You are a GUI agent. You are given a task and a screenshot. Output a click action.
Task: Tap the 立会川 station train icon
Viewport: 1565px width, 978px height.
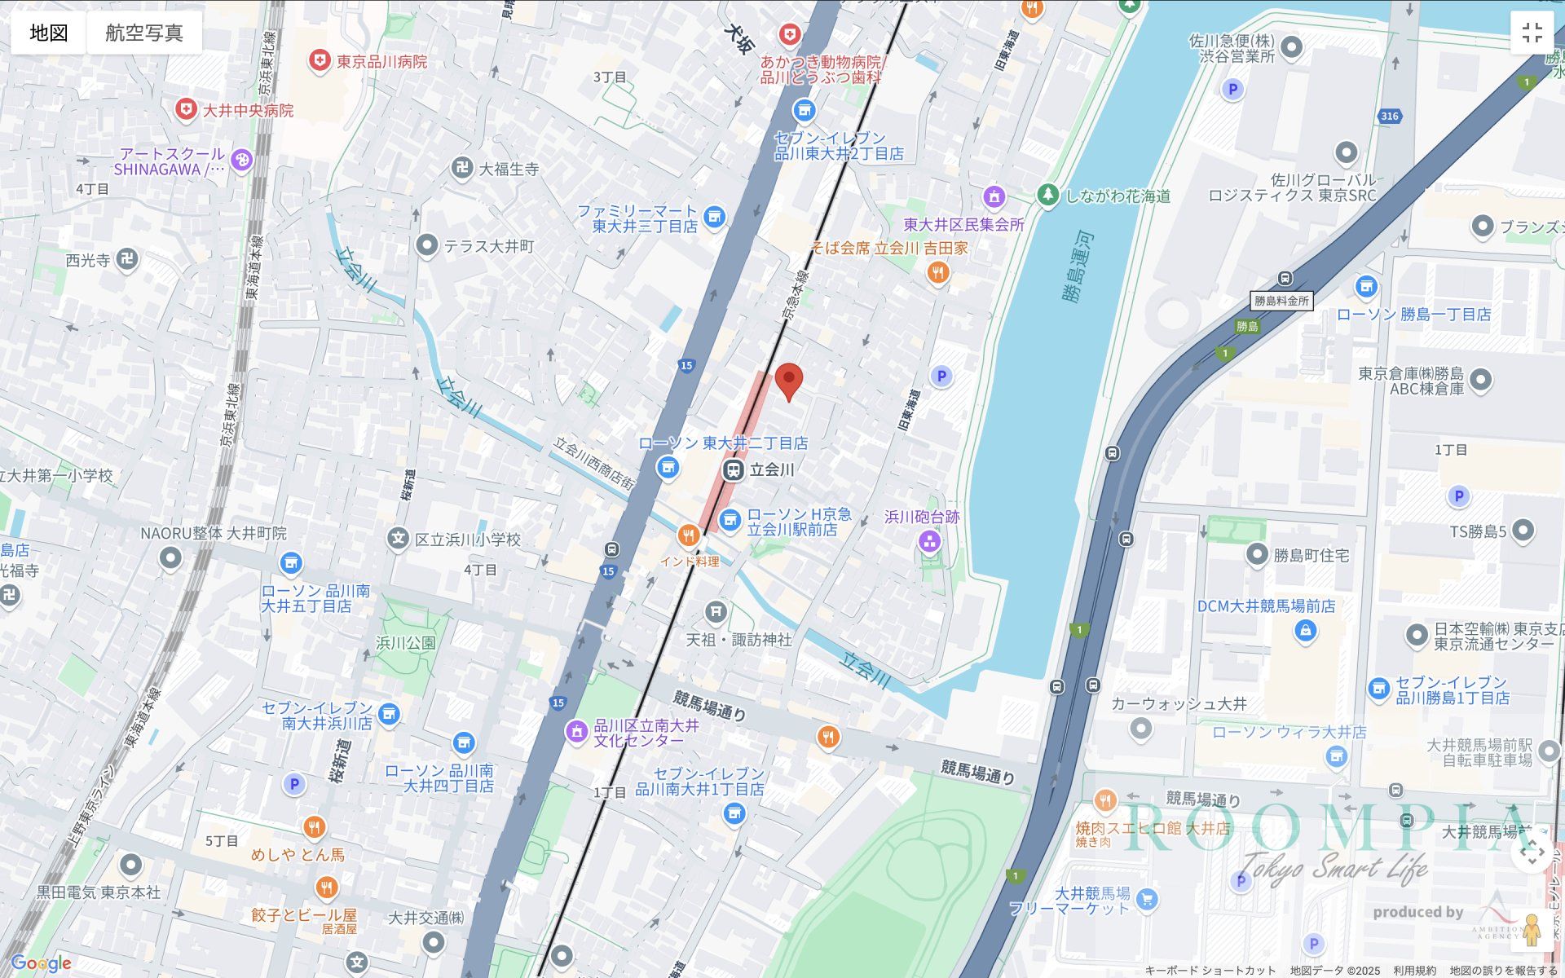(733, 470)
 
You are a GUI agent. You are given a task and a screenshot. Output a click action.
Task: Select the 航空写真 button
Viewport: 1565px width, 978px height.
(144, 33)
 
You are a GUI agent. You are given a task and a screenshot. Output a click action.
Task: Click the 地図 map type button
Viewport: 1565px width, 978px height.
(48, 33)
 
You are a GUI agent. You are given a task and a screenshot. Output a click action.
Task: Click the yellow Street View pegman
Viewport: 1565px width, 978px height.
(1532, 930)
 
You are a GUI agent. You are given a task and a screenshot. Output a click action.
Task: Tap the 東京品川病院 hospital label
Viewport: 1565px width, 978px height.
(381, 61)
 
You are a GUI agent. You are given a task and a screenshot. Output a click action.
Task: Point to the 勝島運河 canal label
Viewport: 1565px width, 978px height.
(1078, 267)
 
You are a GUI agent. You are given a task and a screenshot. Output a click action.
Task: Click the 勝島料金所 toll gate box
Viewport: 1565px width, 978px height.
(1281, 301)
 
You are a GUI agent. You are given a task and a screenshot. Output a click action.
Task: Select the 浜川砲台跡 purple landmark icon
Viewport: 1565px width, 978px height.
(929, 541)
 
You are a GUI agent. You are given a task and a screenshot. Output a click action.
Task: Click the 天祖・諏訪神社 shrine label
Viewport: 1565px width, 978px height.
(738, 640)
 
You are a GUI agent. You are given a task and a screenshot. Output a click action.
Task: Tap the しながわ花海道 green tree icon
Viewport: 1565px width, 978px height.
(1048, 195)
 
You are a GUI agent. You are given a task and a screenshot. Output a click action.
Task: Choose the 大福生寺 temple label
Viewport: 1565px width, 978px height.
(508, 169)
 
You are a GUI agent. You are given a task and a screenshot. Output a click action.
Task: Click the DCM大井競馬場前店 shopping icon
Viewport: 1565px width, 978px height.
(1305, 631)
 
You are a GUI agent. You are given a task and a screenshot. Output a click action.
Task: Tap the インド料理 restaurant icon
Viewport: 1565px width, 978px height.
(689, 535)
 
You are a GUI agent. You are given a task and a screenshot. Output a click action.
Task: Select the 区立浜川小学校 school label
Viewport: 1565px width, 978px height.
(467, 540)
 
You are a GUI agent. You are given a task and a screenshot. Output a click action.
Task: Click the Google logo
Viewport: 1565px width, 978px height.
(42, 963)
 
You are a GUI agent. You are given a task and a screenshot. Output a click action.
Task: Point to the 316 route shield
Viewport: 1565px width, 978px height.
(1389, 116)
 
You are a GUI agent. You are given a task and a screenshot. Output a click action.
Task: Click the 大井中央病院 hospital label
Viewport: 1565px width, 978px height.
(247, 110)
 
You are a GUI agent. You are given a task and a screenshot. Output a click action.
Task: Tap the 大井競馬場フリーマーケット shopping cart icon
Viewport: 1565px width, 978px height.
(1147, 900)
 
